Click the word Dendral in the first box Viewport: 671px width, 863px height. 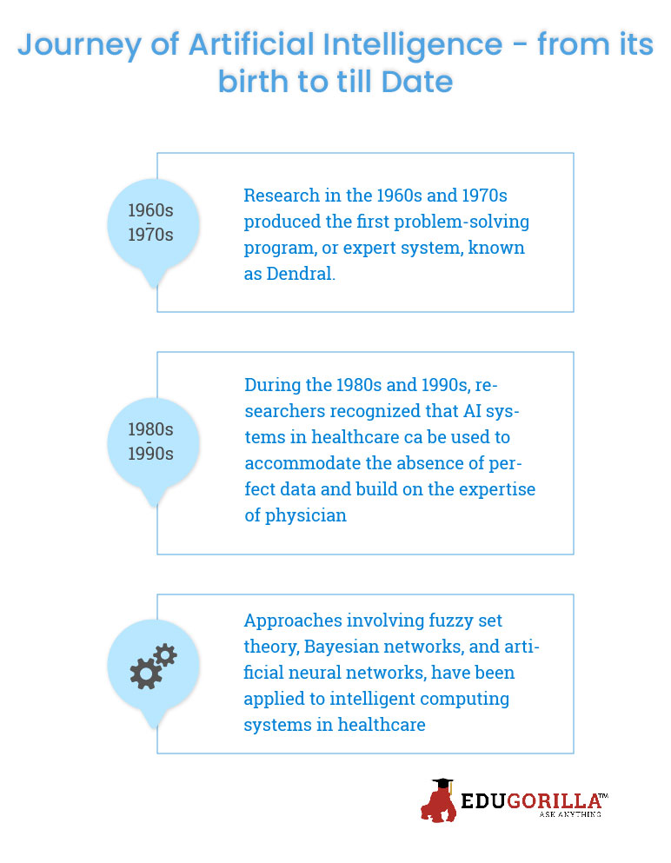pos(300,274)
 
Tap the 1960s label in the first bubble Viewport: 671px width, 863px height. pos(150,210)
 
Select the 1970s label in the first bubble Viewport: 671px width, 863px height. pos(150,235)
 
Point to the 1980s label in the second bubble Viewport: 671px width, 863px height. pos(150,429)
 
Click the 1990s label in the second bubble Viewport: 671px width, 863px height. pos(150,454)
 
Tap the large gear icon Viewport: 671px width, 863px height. pos(146,674)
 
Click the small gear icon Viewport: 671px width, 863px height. pos(165,655)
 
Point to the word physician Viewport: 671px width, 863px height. pos(306,515)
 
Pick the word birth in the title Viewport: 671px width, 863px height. pos(253,82)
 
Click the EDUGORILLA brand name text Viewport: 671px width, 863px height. pos(531,801)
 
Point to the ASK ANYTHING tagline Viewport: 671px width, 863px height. pos(570,814)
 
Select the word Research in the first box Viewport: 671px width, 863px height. pos(282,196)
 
